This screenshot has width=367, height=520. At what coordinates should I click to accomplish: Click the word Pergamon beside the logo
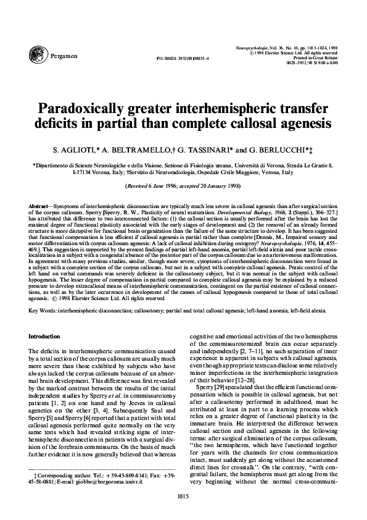(x=66, y=56)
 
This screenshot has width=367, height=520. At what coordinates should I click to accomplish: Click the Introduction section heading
(x=48, y=337)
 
